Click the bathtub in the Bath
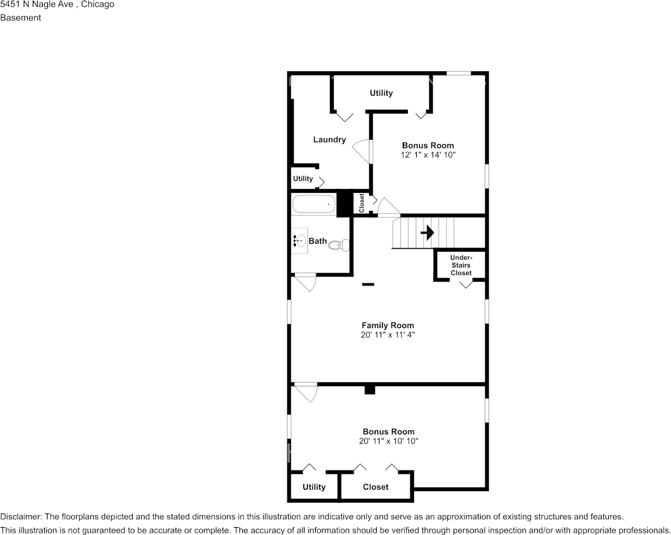[313, 204]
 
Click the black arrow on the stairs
[427, 232]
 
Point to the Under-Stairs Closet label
[461, 265]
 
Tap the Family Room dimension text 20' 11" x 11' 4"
[388, 335]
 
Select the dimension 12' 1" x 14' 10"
[428, 154]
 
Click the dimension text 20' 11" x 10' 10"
[388, 441]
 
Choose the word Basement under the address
[20, 18]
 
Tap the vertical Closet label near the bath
[361, 203]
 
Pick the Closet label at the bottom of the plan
[376, 487]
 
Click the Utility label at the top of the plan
[381, 93]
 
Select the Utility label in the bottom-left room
[314, 487]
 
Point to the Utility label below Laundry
[303, 179]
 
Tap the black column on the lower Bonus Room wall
[370, 390]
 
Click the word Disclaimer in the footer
[21, 517]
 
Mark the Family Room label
[388, 325]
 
